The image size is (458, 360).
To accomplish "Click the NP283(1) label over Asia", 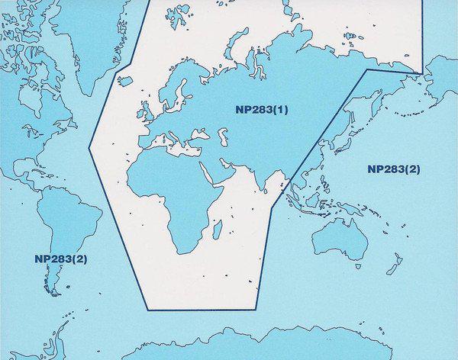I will pyautogui.click(x=262, y=109).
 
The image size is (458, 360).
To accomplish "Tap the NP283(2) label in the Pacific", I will pyautogui.click(x=393, y=169).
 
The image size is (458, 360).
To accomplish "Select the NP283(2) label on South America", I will pyautogui.click(x=60, y=259).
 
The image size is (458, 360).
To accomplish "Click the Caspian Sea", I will pyautogui.click(x=223, y=138).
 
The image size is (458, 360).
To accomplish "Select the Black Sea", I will pyautogui.click(x=199, y=136).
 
